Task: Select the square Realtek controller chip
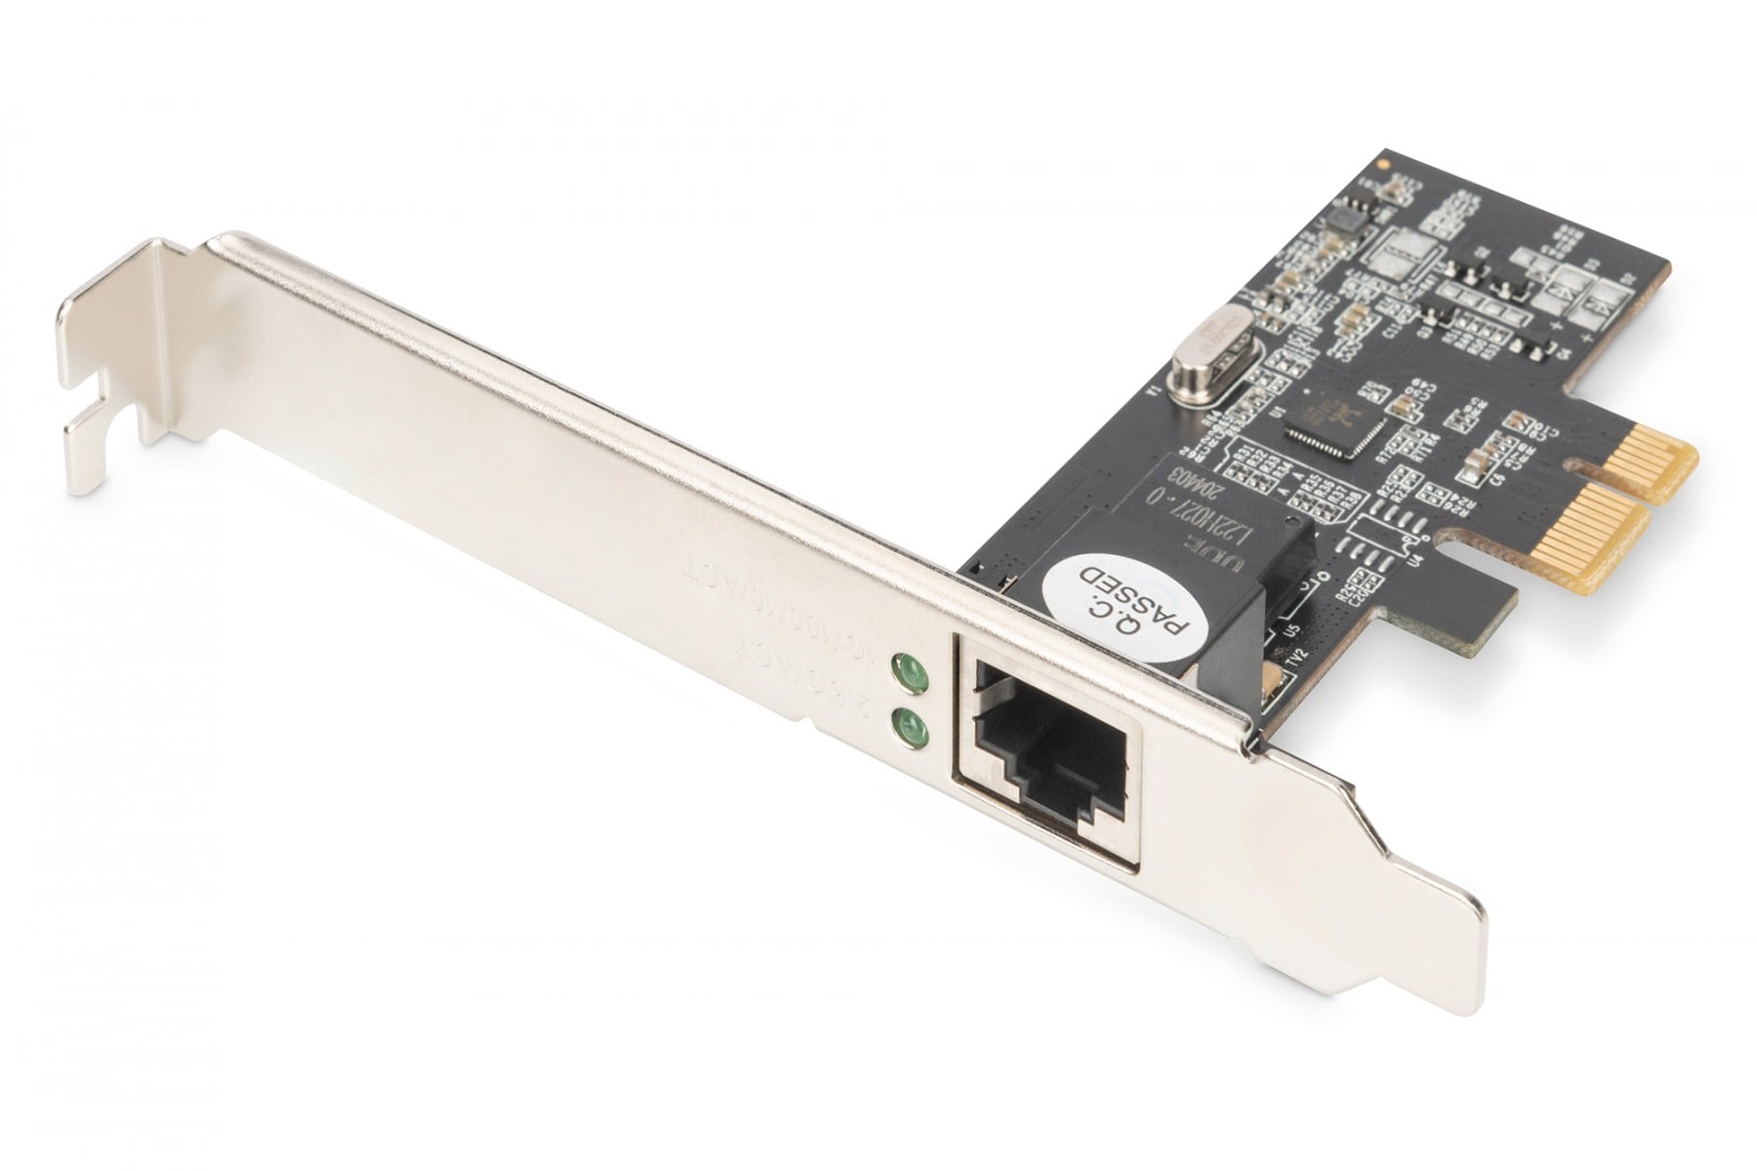click(x=1331, y=420)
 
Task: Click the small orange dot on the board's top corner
click(x=1383, y=166)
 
